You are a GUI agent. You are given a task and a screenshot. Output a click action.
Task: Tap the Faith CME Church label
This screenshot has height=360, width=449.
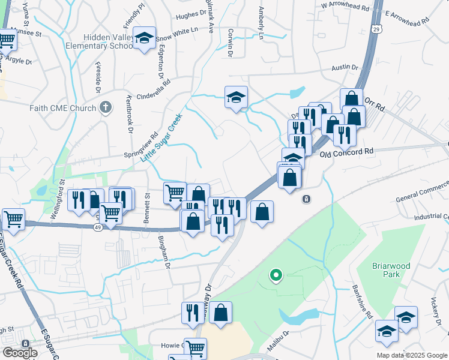[x=62, y=108]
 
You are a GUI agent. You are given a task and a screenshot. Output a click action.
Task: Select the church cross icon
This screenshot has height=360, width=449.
[x=106, y=107]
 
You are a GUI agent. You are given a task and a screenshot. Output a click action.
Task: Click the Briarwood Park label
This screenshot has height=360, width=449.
[x=386, y=269]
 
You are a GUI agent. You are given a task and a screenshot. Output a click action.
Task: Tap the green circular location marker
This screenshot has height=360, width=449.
[x=276, y=276]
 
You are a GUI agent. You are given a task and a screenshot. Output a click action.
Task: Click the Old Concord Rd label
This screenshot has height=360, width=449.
[x=347, y=153]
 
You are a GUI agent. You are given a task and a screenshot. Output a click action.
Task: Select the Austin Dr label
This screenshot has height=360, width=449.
[x=345, y=68]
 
